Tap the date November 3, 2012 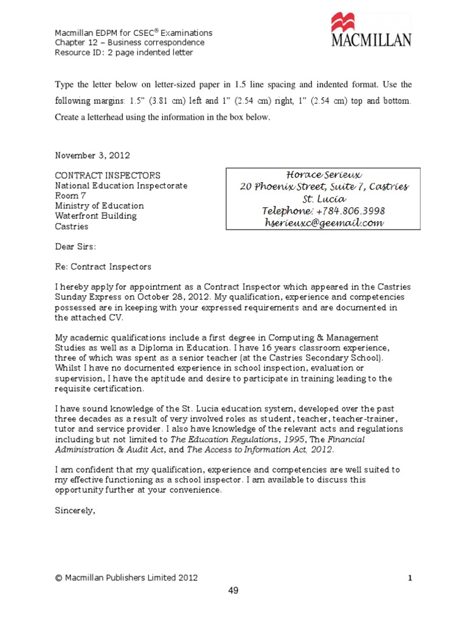tap(92, 155)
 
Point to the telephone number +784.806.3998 tap(349, 211)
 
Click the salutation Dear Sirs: tap(75, 247)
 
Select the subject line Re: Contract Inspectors tap(103, 267)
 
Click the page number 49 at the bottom tap(233, 591)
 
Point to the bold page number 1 tap(410, 578)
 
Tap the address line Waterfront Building tap(96, 216)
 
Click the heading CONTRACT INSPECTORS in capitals tap(108, 175)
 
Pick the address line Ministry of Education tap(100, 205)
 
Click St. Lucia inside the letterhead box tap(324, 199)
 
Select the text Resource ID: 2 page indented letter tap(124, 53)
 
